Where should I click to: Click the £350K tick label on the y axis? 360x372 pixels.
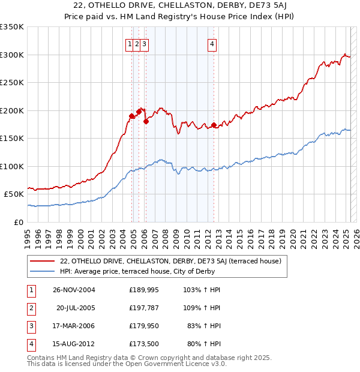coord(11,27)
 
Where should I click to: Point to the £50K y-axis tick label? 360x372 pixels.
coord(14,194)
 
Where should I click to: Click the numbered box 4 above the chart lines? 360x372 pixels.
coord(213,43)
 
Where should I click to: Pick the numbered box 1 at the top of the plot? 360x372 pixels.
coord(130,43)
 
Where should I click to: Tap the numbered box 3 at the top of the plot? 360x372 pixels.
coord(145,43)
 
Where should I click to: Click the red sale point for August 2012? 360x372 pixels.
coord(214,125)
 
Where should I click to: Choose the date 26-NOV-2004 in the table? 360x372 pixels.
coord(74,290)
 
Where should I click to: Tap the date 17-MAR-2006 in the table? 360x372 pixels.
coord(74,326)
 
